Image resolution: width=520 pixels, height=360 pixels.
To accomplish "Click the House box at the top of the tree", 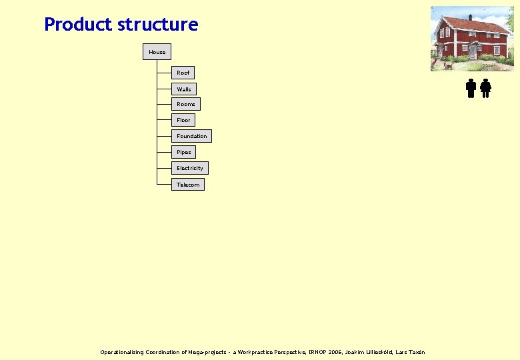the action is coord(157,52).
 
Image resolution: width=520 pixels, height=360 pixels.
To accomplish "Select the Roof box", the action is coord(183,73).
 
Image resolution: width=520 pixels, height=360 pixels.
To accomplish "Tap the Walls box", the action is coord(184,89).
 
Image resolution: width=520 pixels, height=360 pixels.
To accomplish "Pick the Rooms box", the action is coord(186,104).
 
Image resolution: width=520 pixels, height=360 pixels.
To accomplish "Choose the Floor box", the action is coord(183,120).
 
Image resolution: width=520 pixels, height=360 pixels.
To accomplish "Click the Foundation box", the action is coord(191,136).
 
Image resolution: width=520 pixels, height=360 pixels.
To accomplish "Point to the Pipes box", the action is coord(184,152).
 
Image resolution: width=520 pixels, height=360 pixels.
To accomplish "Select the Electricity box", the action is coord(189,168).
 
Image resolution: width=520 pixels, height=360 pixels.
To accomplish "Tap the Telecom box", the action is coord(187,185).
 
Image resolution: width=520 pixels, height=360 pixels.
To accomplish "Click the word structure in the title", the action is coord(157,25).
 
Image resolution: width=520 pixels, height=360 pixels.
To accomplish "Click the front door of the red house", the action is coord(473,51).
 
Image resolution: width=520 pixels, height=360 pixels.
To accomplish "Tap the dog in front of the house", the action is coord(448,65).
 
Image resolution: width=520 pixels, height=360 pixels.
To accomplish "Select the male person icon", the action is coord(471,88).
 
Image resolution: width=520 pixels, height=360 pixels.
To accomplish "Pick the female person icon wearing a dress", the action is coord(486,88).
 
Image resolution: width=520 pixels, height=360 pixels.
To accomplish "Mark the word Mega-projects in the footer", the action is coord(206,352).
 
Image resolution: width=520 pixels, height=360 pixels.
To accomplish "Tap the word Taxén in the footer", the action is coord(417,352).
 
